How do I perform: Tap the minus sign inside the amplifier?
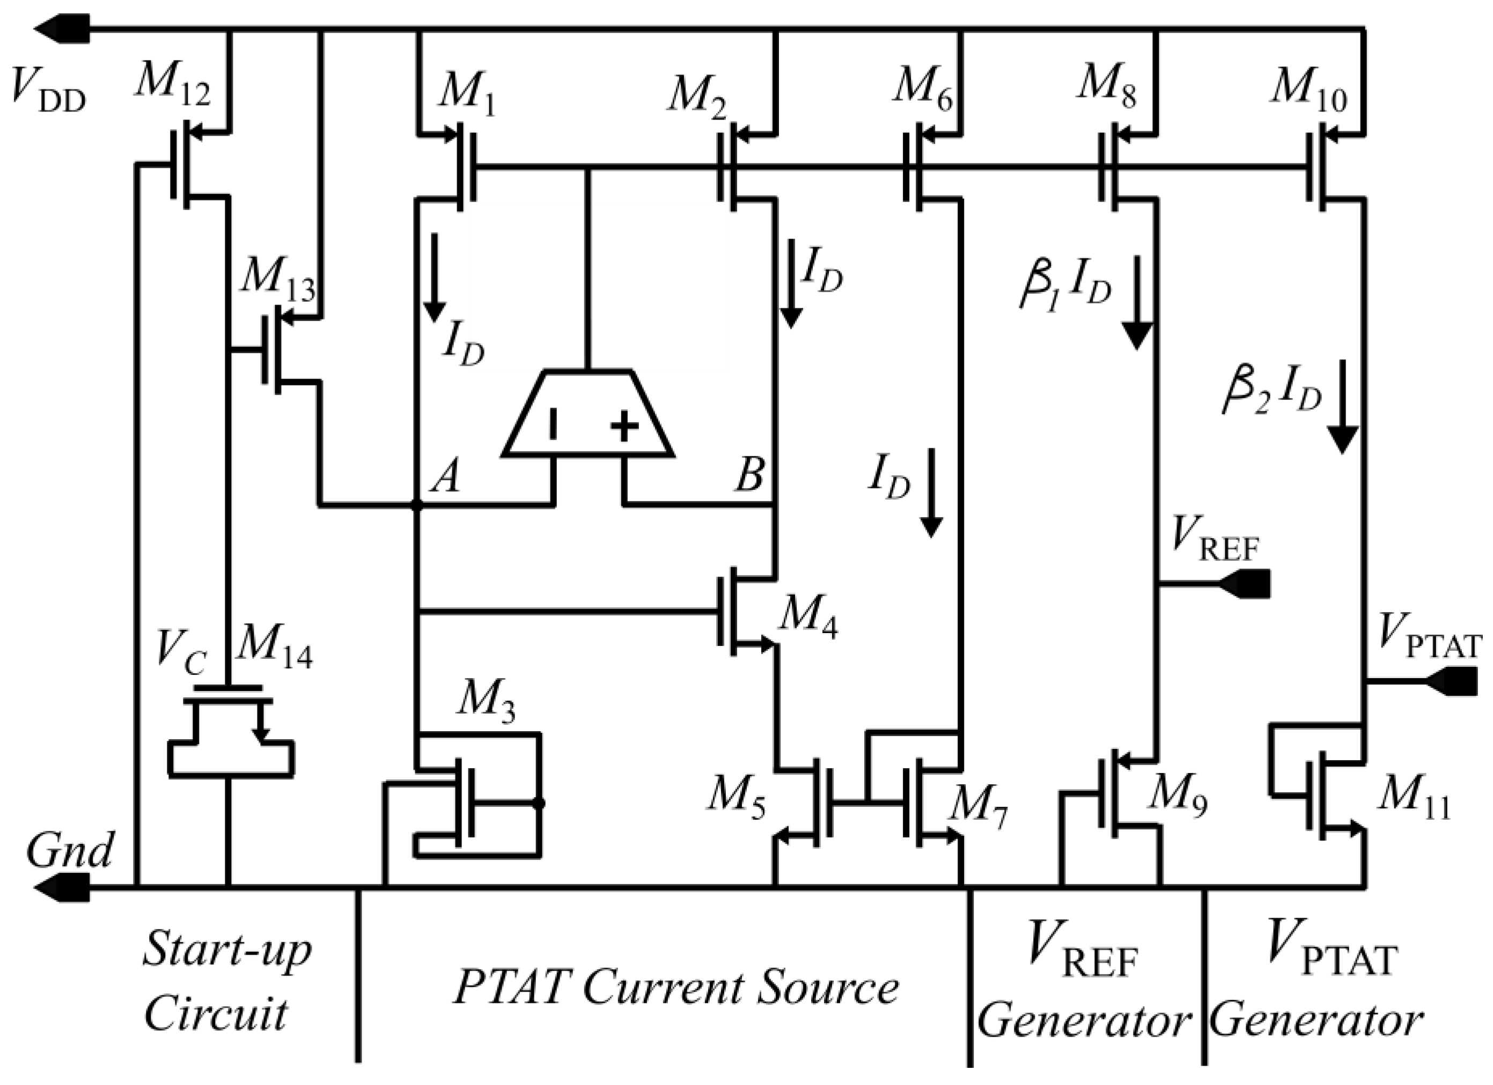553,425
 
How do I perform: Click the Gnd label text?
69,851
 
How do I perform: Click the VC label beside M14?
181,654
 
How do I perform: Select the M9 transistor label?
1176,798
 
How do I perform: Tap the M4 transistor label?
808,619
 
